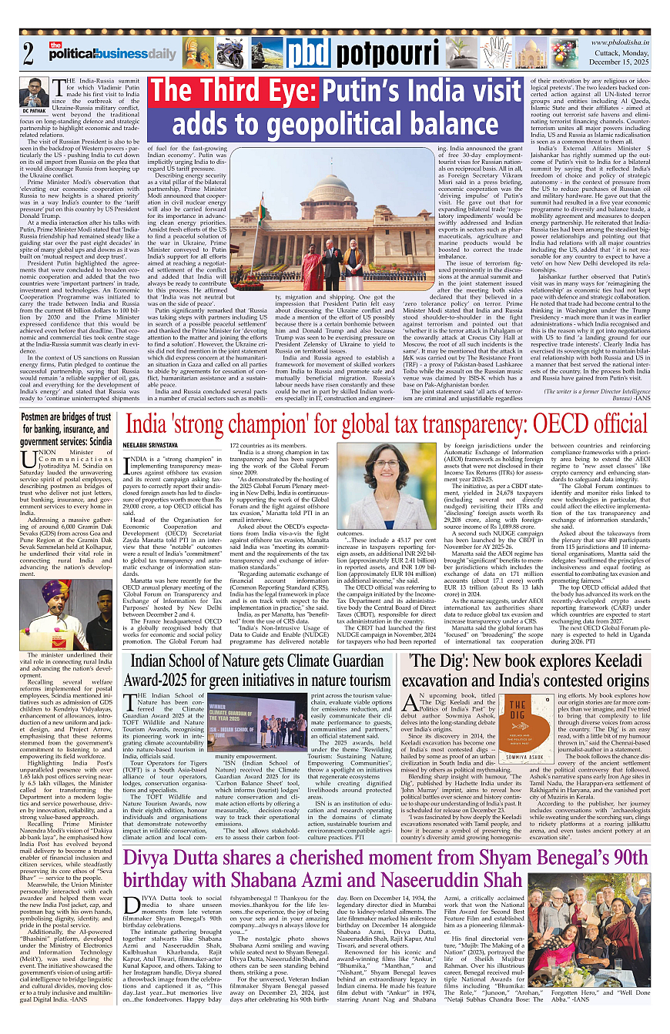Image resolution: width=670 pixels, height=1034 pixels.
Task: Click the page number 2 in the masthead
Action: [x=29, y=53]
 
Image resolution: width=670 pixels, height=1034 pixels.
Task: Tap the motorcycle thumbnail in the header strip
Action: [x=231, y=53]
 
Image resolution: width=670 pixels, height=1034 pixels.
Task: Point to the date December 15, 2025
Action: [x=622, y=65]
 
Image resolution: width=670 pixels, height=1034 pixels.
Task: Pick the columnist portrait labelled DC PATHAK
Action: [x=34, y=93]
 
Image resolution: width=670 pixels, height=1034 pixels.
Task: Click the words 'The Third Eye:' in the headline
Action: [x=233, y=93]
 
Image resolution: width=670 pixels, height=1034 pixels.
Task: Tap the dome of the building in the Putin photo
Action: [x=330, y=188]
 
